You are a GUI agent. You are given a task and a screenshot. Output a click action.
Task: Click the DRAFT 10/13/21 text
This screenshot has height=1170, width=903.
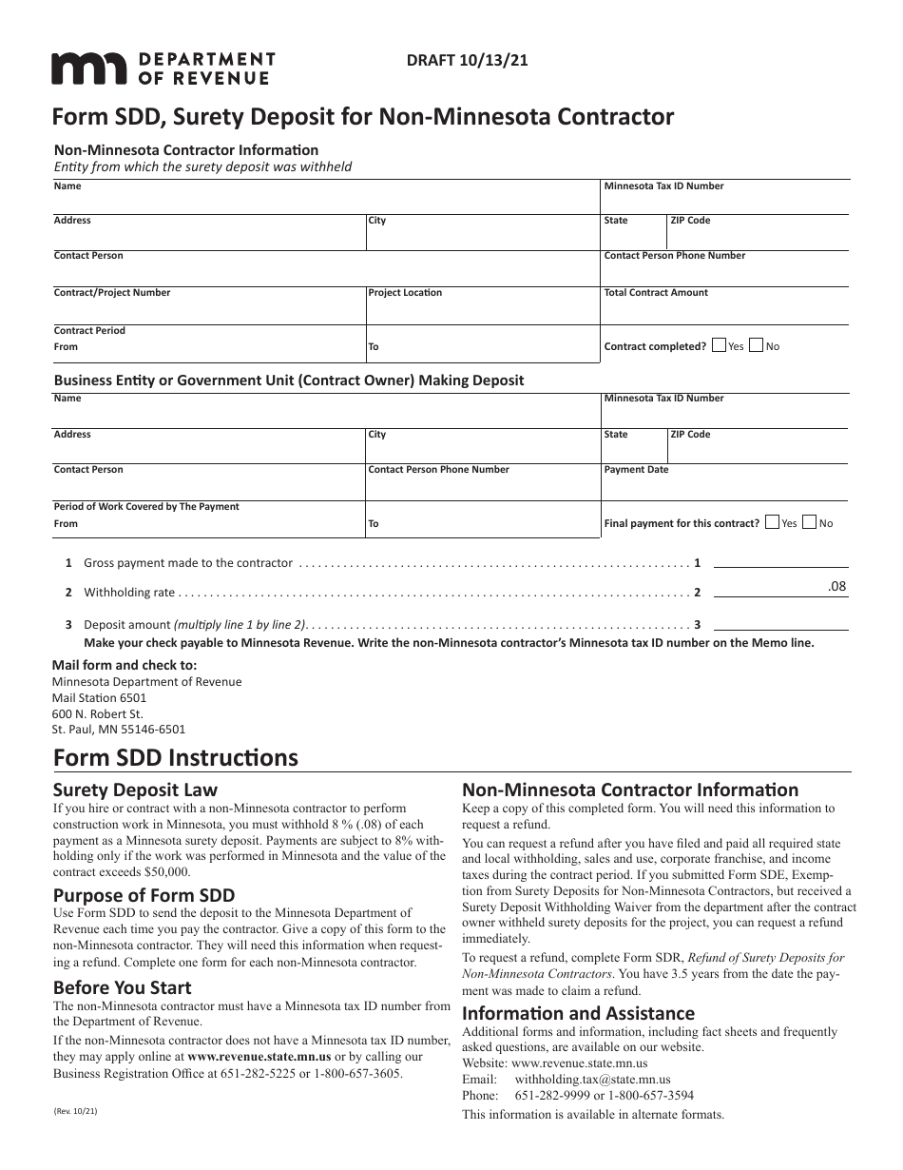pyautogui.click(x=467, y=59)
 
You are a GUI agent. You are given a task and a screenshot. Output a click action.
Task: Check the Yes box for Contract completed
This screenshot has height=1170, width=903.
pyautogui.click(x=719, y=346)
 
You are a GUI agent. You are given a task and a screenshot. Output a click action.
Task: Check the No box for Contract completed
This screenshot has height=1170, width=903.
pyautogui.click(x=756, y=346)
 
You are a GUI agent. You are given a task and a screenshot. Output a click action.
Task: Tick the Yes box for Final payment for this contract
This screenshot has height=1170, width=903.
pyautogui.click(x=772, y=522)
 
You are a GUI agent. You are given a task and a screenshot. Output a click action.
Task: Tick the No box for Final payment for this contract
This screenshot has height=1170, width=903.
pyautogui.click(x=809, y=522)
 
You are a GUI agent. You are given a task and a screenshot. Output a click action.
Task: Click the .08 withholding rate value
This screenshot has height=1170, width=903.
pyautogui.click(x=836, y=587)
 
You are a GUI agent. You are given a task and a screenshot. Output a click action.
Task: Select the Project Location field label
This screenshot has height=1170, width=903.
pyautogui.click(x=405, y=293)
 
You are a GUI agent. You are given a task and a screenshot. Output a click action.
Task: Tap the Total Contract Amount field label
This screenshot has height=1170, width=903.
pyautogui.click(x=656, y=293)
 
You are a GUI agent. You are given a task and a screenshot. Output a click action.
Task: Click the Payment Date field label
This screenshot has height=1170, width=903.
pyautogui.click(x=636, y=470)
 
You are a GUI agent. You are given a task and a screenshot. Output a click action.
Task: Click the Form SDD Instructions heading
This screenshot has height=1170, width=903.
pyautogui.click(x=175, y=758)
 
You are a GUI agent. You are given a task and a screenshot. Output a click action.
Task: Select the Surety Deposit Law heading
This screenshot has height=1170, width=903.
pyautogui.click(x=135, y=790)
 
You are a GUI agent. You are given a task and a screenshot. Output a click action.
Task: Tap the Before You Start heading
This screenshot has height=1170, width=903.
pyautogui.click(x=122, y=987)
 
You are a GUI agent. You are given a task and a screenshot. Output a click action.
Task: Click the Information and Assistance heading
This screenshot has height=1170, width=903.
pyautogui.click(x=578, y=1013)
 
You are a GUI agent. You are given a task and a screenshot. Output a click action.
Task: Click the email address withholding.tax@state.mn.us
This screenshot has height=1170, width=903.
pyautogui.click(x=592, y=1080)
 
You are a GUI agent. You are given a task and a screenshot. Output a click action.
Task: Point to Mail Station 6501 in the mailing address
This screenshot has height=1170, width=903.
pyautogui.click(x=99, y=698)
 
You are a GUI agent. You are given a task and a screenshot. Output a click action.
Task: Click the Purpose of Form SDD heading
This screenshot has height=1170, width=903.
pyautogui.click(x=144, y=895)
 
